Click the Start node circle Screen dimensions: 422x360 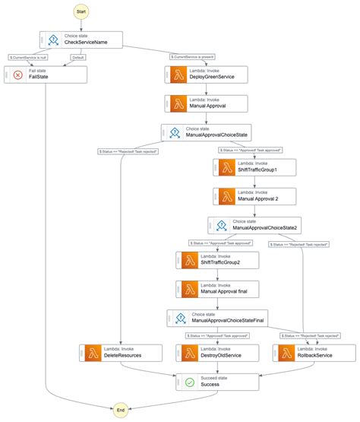point(81,12)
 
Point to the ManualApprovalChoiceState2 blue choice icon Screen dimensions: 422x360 point(222,225)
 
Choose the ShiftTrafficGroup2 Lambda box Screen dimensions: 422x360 point(217,260)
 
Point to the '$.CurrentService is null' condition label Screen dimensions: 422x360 point(28,56)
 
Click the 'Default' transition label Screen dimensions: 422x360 point(79,56)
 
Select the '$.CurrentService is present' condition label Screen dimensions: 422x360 point(197,56)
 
